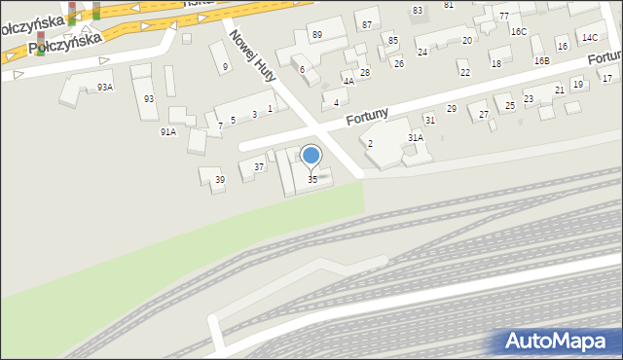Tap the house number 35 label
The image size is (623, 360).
(312, 180)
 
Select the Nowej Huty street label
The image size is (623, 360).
(250, 53)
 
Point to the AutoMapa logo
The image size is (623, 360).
(554, 341)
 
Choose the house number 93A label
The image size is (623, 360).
(105, 88)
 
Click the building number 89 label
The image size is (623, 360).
(317, 35)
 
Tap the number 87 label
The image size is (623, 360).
(366, 24)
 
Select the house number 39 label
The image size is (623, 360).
(220, 180)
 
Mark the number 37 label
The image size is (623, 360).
(259, 167)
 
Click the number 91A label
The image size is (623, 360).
(168, 131)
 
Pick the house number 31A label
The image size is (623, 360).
(416, 139)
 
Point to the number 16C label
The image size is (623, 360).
(518, 32)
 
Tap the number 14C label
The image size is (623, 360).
(590, 38)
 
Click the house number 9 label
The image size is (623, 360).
(225, 67)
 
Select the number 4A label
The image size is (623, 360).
(348, 82)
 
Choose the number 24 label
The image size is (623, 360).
(421, 52)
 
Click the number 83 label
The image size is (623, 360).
(418, 10)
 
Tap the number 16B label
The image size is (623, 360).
(541, 61)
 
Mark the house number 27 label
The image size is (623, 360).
(484, 116)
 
